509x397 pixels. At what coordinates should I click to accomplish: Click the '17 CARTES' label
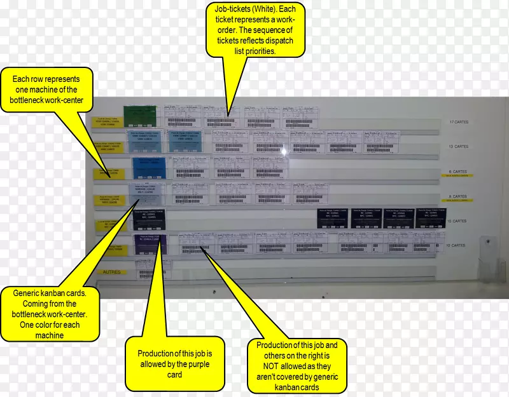click(x=458, y=122)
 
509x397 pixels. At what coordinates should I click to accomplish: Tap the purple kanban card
click(x=150, y=245)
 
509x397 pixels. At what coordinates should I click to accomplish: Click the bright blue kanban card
click(x=149, y=168)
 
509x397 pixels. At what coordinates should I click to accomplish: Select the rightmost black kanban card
click(x=430, y=218)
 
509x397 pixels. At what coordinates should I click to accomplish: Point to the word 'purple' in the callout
click(x=199, y=364)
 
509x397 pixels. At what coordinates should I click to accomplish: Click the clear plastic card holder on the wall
click(x=489, y=261)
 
